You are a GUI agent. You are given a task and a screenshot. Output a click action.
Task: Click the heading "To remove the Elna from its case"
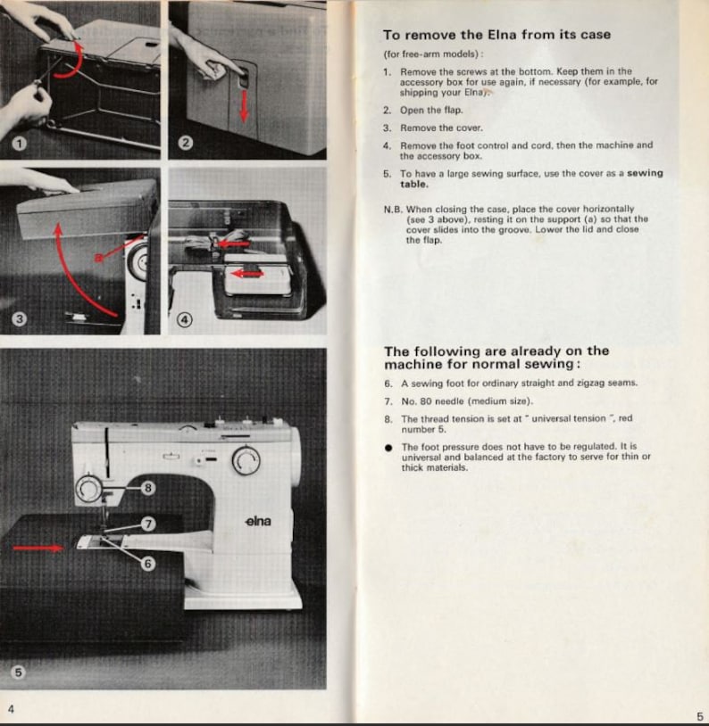pos(496,35)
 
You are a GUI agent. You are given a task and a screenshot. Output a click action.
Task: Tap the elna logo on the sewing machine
pos(257,521)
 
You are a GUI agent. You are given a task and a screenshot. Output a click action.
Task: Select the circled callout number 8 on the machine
pos(148,487)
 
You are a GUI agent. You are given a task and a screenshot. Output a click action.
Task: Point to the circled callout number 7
pos(148,524)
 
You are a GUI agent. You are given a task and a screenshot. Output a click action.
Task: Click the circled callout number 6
pos(148,563)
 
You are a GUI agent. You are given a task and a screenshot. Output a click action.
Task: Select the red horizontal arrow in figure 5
pos(38,548)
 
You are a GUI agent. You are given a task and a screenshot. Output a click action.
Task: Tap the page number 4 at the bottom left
pos(11,709)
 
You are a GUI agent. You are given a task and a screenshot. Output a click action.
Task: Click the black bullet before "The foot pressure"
pos(388,447)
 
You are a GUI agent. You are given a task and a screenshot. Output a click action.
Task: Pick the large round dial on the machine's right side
pos(245,460)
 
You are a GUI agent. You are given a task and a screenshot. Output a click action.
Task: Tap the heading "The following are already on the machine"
pos(496,358)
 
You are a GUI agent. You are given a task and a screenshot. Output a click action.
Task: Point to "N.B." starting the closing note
pos(392,209)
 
